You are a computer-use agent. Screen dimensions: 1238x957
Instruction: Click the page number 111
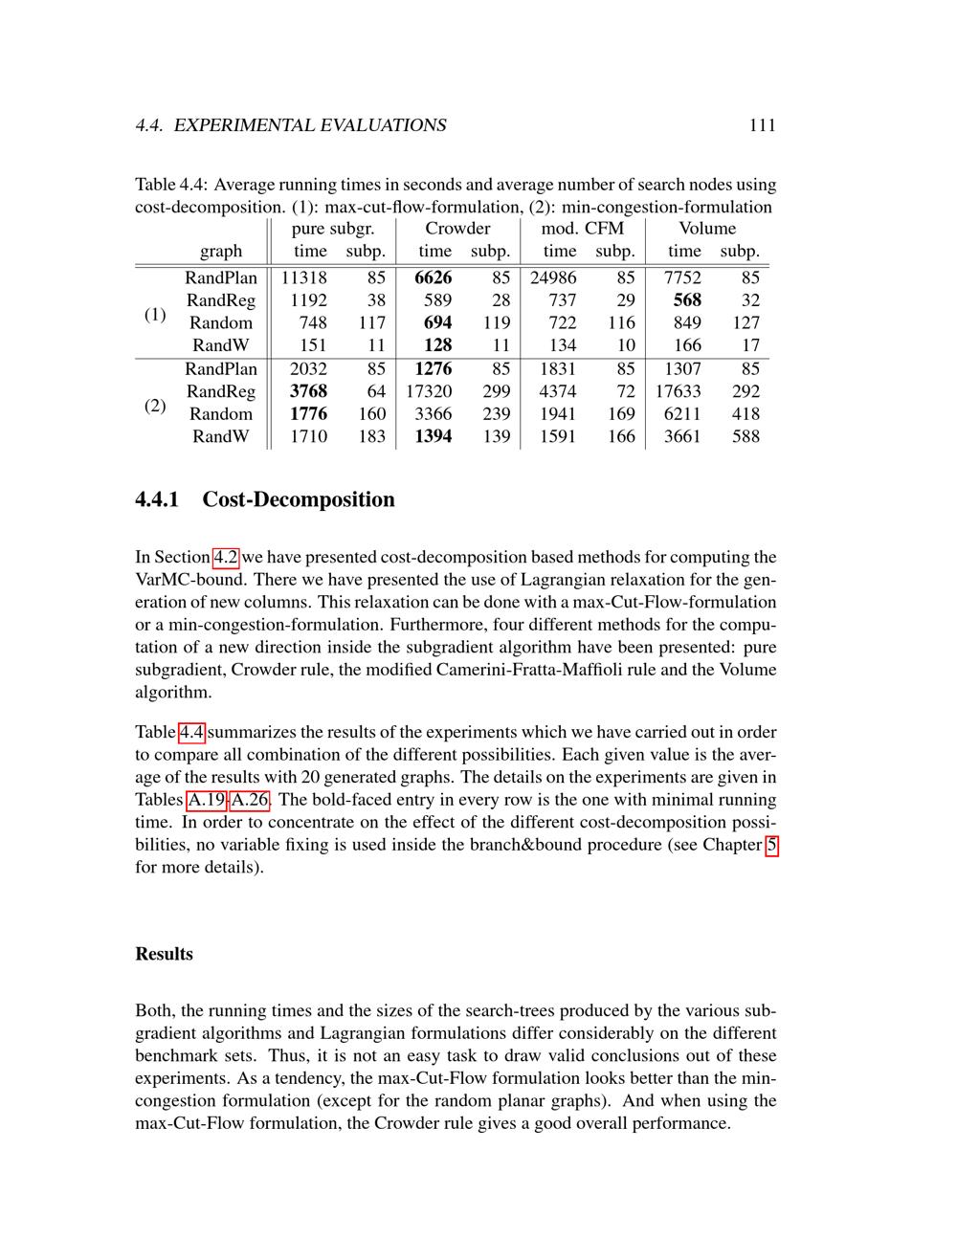click(x=762, y=125)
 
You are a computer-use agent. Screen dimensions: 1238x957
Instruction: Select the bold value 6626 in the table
click(x=433, y=277)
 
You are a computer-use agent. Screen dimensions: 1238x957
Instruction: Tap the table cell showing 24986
click(x=553, y=277)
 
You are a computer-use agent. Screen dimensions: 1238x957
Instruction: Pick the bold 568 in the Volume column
click(x=686, y=300)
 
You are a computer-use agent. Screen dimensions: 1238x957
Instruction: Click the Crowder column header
click(x=457, y=229)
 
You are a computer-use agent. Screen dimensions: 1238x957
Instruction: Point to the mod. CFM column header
click(x=582, y=229)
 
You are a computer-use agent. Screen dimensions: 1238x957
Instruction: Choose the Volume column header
click(x=707, y=229)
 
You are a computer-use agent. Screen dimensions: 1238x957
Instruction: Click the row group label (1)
click(x=155, y=314)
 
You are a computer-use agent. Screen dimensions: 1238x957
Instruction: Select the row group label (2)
click(x=155, y=405)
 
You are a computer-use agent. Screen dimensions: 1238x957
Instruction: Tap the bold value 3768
click(x=308, y=391)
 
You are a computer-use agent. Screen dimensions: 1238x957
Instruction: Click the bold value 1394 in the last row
click(x=433, y=436)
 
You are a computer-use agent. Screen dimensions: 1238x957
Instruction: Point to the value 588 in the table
click(x=745, y=436)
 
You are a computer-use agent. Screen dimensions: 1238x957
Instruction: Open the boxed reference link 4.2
click(x=225, y=557)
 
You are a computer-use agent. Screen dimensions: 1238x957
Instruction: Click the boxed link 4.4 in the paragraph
click(x=191, y=732)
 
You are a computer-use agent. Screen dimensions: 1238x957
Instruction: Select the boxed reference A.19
click(x=206, y=800)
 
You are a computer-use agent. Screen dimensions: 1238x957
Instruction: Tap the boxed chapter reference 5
click(x=771, y=845)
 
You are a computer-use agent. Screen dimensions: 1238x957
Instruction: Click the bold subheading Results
click(x=164, y=954)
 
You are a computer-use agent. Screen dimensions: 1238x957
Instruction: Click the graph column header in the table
click(x=221, y=252)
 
